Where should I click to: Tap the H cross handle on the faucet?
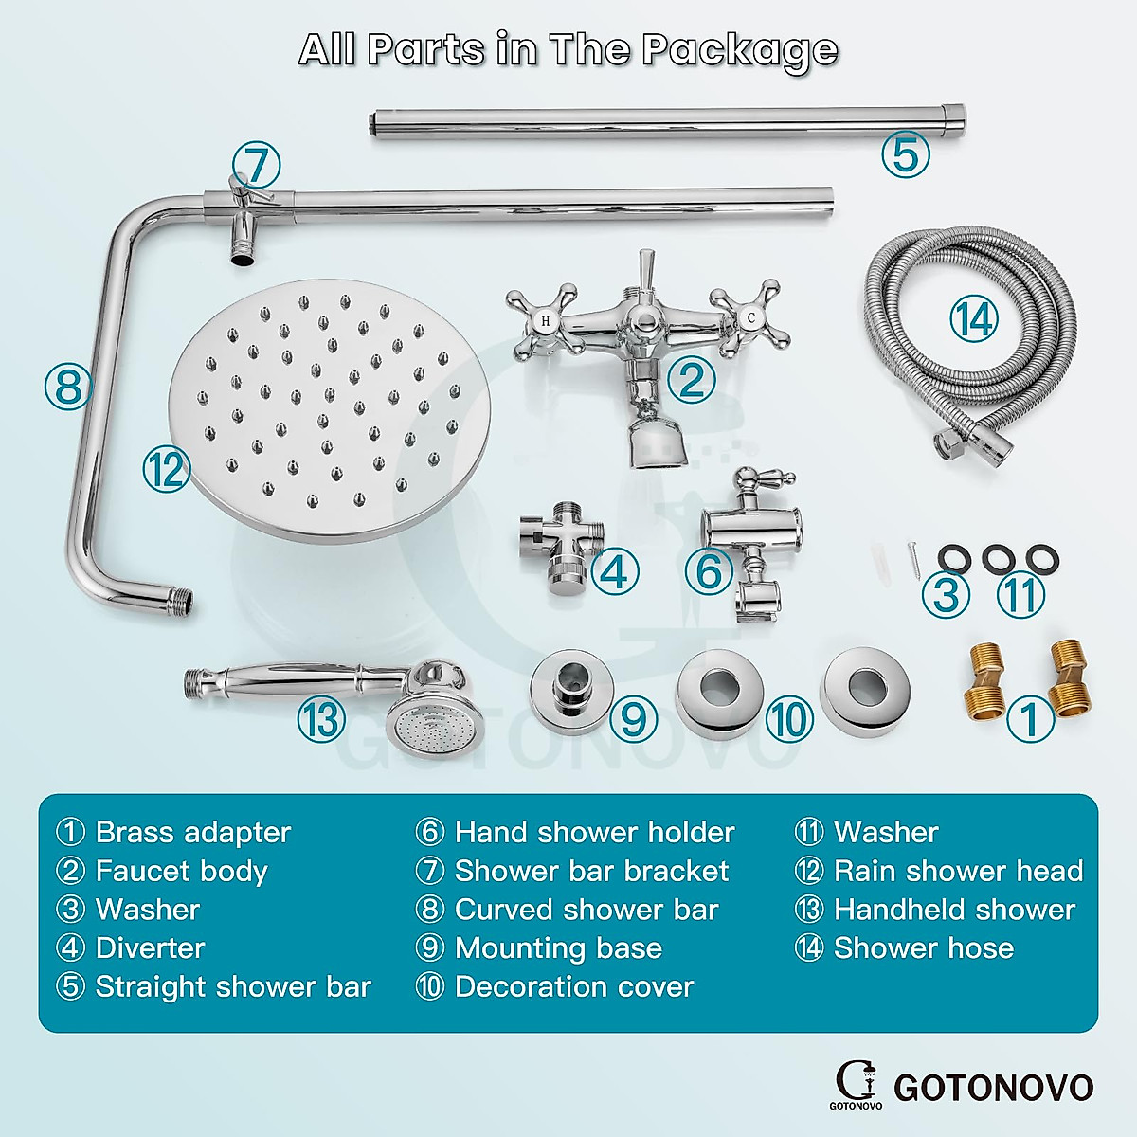click(x=544, y=322)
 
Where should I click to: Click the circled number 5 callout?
click(x=905, y=154)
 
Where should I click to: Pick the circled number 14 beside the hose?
click(x=974, y=319)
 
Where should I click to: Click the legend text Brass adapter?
click(x=192, y=833)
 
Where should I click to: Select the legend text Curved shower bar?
click(x=586, y=910)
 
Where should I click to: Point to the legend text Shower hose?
click(x=923, y=948)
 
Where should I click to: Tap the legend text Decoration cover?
click(x=574, y=987)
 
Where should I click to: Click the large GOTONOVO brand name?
click(x=993, y=1087)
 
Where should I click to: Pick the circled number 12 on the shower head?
click(x=167, y=468)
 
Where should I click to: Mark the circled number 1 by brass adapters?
click(x=1029, y=719)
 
